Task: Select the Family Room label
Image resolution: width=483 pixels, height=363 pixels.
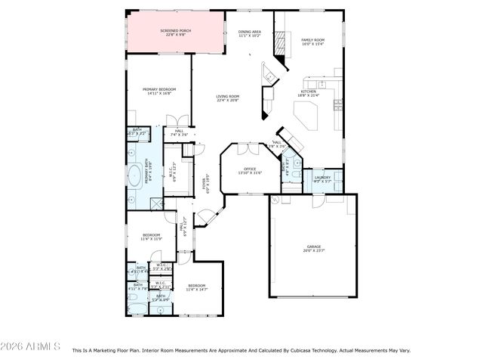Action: pyautogui.click(x=312, y=42)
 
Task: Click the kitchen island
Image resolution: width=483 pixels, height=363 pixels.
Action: pyautogui.click(x=306, y=116)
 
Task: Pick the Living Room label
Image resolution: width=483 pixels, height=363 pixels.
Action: pyautogui.click(x=227, y=98)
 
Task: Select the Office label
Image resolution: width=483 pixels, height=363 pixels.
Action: pyautogui.click(x=250, y=170)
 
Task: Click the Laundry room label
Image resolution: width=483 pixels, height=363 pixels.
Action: pyautogui.click(x=322, y=179)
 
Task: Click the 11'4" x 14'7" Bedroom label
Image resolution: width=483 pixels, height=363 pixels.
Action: pyautogui.click(x=195, y=287)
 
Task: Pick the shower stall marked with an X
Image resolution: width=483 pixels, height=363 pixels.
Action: pyautogui.click(x=156, y=203)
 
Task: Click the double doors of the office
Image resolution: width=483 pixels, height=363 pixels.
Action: pyautogui.click(x=248, y=149)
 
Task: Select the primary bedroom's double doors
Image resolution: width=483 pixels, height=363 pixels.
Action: pyautogui.click(x=177, y=121)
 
